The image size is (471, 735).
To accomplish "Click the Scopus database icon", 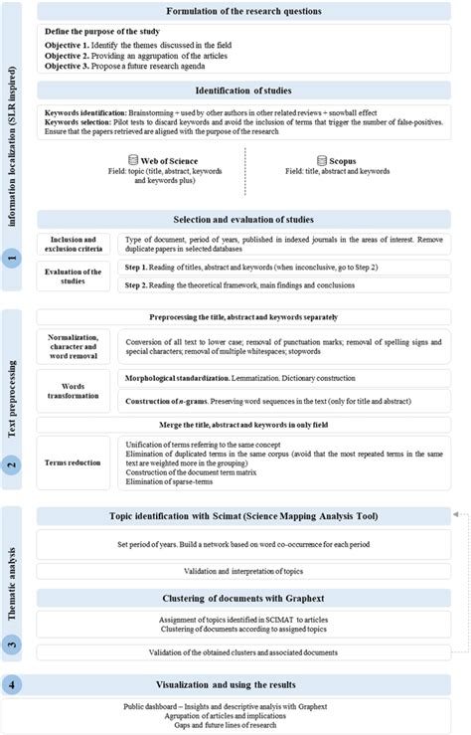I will (321, 159).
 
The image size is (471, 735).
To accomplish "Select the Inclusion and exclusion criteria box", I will (76, 245).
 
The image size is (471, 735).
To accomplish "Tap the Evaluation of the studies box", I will (76, 276).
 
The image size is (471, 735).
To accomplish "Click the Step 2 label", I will (143, 285).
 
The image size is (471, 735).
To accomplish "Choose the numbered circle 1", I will (11, 258).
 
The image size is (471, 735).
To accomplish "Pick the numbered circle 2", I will (11, 462).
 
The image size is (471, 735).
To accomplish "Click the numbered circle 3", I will (11, 644).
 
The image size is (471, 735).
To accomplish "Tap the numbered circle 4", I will (11, 685).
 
